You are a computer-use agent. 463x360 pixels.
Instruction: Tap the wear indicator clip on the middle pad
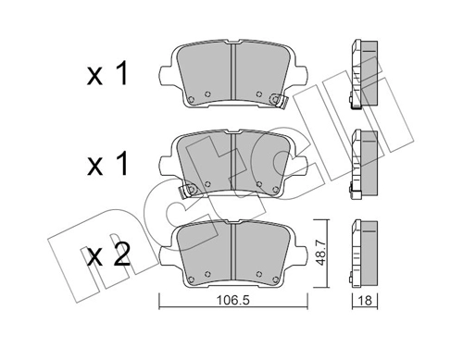tap(191, 190)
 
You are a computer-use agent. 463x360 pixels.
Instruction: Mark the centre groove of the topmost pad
tap(231, 74)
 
